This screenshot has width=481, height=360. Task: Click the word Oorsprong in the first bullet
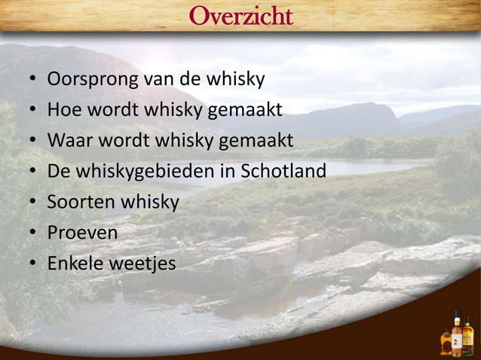click(x=84, y=79)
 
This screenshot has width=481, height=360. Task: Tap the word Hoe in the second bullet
click(x=63, y=111)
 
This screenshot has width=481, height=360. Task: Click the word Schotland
click(x=282, y=172)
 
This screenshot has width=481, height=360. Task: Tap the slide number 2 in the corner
click(x=455, y=343)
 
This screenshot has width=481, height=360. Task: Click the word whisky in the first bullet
click(x=237, y=79)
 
